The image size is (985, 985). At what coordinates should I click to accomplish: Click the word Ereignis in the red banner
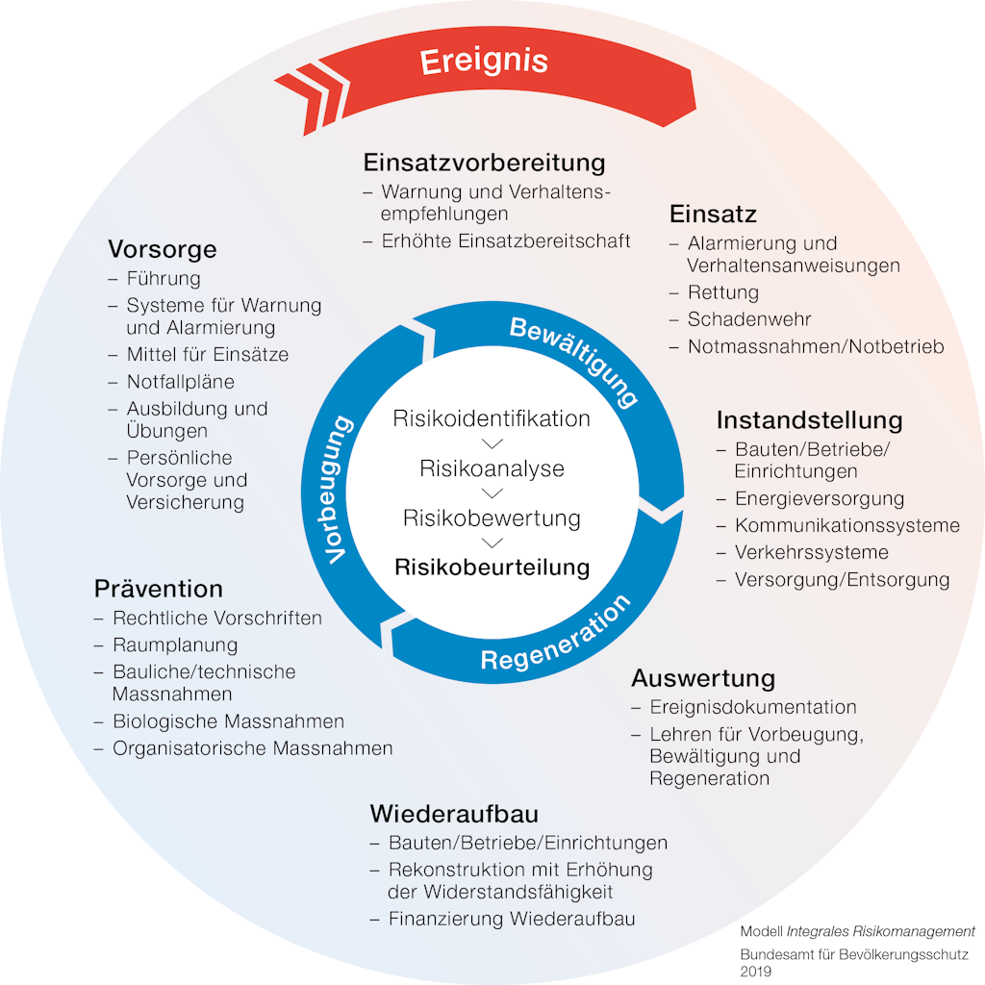click(484, 61)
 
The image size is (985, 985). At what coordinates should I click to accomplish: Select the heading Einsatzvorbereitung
click(484, 161)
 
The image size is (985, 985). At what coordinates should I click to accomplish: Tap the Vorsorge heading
click(162, 249)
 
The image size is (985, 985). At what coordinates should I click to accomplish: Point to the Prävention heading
click(158, 588)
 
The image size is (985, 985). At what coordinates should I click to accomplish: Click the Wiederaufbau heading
click(453, 814)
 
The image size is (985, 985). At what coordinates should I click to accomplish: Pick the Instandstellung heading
click(809, 419)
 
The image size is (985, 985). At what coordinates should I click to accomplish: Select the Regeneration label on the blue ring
click(556, 636)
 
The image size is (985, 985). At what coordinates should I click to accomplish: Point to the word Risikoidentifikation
click(492, 418)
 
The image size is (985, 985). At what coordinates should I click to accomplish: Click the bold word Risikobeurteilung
click(492, 566)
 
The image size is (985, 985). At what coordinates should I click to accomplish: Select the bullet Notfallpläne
click(180, 381)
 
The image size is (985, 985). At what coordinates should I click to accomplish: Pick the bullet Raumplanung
click(175, 644)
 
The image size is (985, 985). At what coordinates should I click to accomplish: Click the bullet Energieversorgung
click(820, 498)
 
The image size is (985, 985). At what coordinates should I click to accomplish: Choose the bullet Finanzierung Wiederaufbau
click(512, 919)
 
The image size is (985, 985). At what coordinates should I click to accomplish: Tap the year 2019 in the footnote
click(756, 972)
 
